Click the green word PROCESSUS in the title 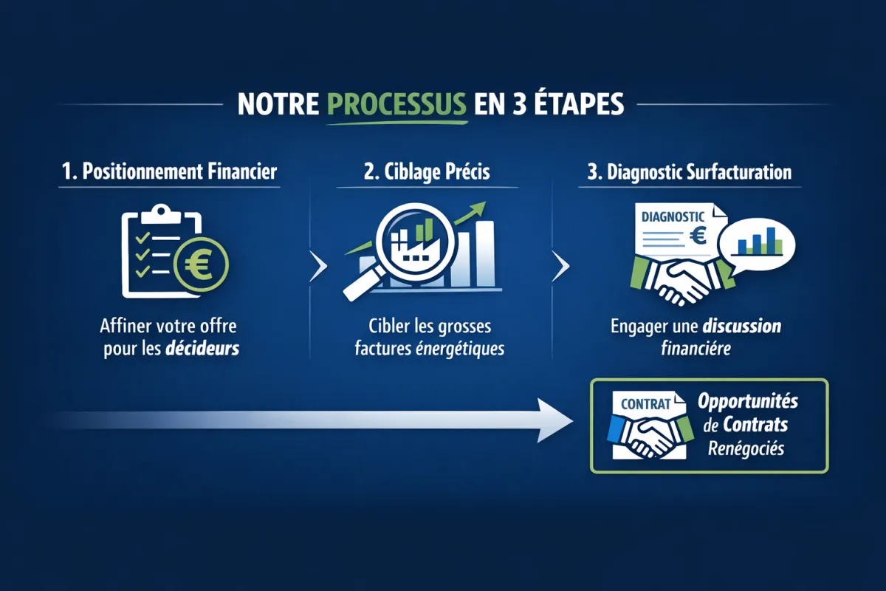coord(396,104)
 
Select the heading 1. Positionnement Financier coord(169,172)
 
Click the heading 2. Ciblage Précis coord(427,172)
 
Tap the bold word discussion coord(742,326)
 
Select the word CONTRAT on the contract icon coord(645,404)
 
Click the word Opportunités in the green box coord(748,403)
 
